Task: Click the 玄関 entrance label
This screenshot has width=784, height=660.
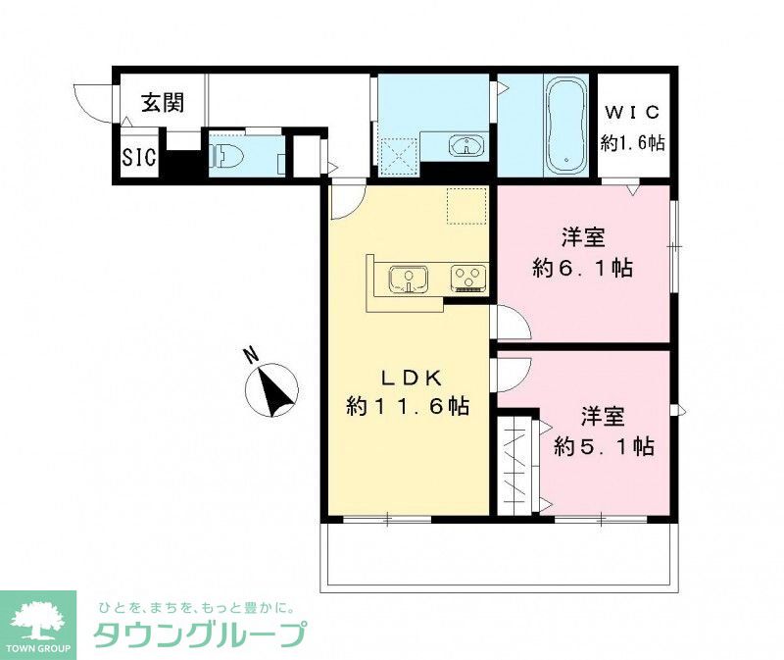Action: click(162, 102)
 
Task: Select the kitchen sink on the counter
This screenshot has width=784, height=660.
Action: click(407, 279)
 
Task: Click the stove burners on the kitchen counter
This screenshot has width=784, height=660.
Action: click(467, 279)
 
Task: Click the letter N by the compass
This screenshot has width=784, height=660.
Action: click(251, 354)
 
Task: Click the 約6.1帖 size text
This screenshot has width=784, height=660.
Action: click(582, 267)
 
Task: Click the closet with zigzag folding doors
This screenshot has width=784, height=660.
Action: click(516, 465)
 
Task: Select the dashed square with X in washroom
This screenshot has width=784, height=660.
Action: click(399, 152)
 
